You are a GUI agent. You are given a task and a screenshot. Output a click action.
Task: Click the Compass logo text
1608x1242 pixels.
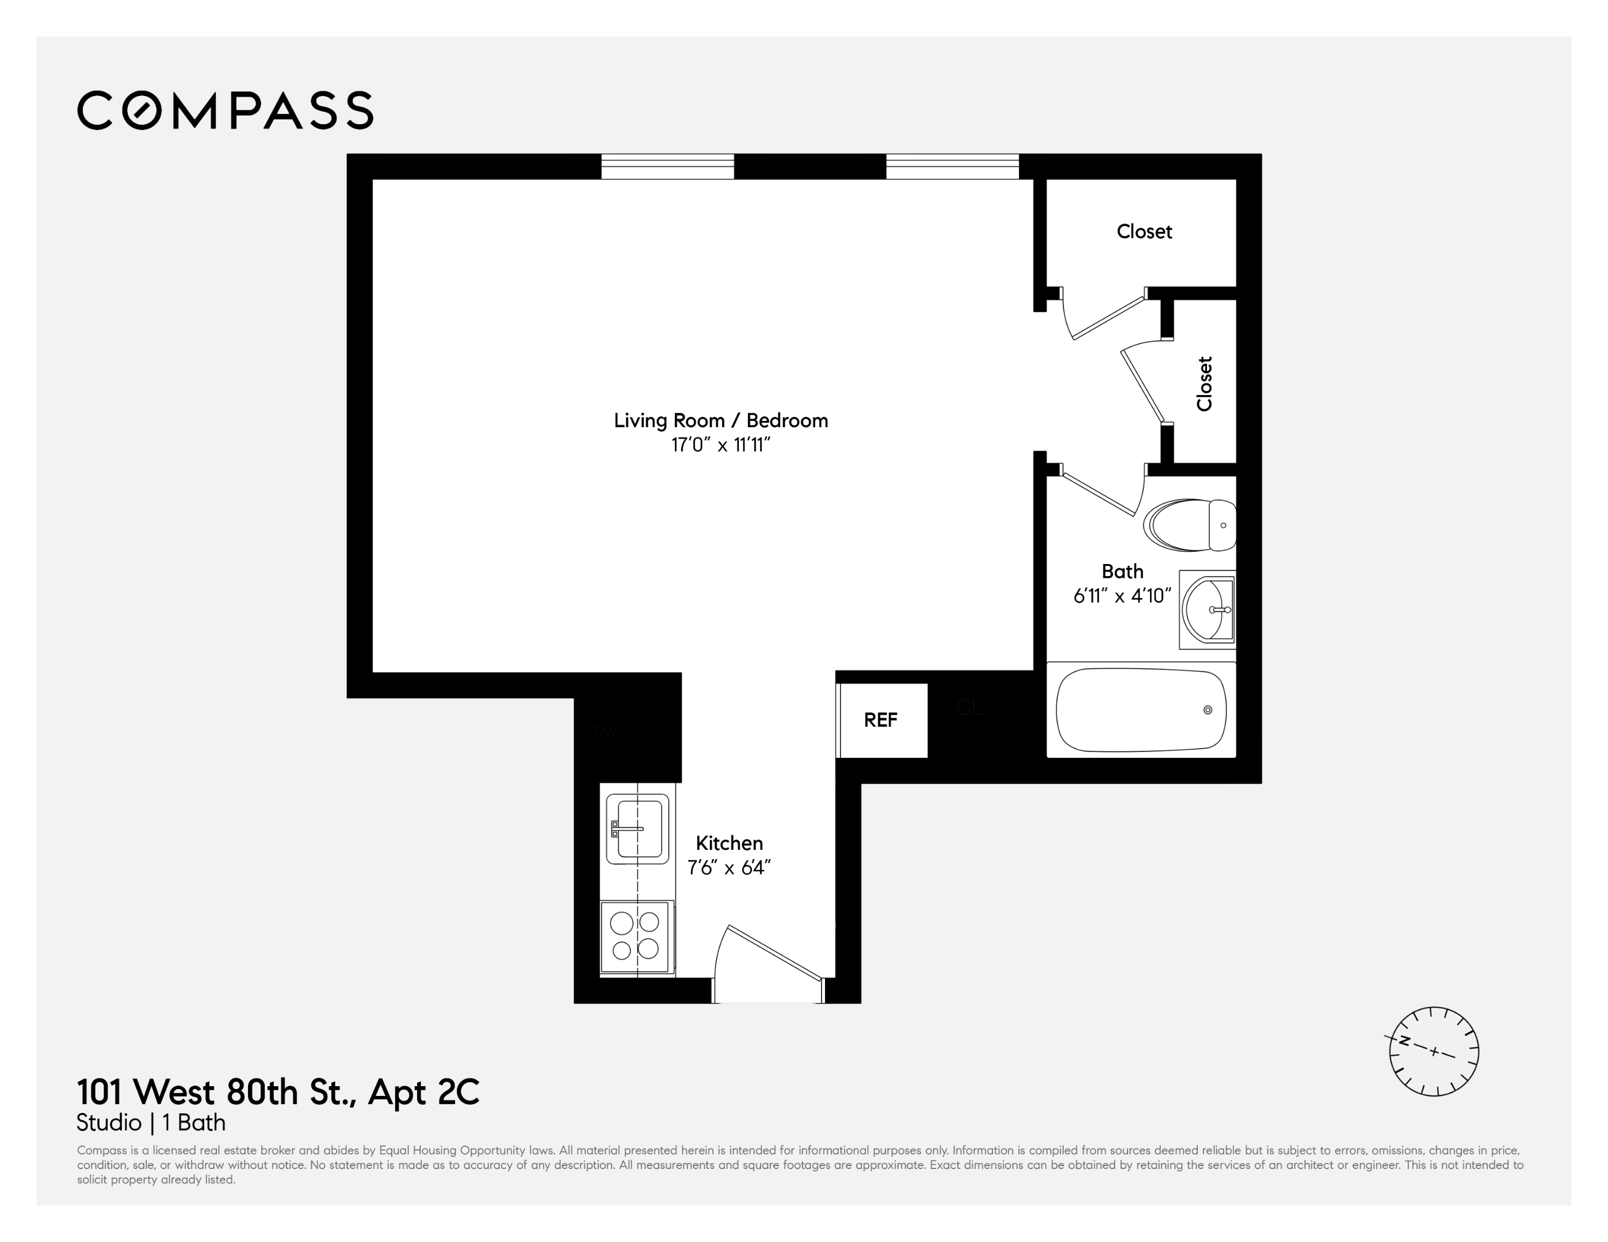[226, 110]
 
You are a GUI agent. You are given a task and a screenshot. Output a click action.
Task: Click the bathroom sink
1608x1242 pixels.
[1208, 609]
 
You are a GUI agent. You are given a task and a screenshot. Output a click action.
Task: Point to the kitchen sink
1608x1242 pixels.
[637, 829]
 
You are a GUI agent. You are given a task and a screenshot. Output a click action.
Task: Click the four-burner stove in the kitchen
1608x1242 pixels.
[636, 937]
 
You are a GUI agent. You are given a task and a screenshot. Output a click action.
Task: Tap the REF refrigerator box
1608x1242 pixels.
[881, 720]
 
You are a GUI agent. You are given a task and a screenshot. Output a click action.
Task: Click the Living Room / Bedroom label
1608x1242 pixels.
[721, 420]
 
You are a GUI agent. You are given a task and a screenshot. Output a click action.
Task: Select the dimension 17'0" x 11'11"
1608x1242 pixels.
[720, 445]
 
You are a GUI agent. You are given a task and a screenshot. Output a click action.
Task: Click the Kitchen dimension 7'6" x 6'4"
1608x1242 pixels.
[729, 868]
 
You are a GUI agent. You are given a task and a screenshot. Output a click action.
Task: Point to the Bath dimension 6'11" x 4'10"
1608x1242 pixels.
[1122, 595]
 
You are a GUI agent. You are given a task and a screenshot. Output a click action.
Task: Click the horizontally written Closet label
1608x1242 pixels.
[1144, 231]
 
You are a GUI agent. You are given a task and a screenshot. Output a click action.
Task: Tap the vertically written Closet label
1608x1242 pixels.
[1205, 384]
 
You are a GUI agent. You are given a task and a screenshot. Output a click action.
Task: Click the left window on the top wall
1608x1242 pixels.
[668, 166]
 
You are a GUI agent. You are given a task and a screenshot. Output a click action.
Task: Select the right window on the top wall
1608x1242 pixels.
[952, 166]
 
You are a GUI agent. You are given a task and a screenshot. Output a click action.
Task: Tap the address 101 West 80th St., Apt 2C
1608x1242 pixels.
[278, 1092]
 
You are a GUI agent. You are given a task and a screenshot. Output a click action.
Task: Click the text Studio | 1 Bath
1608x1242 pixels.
[151, 1123]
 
